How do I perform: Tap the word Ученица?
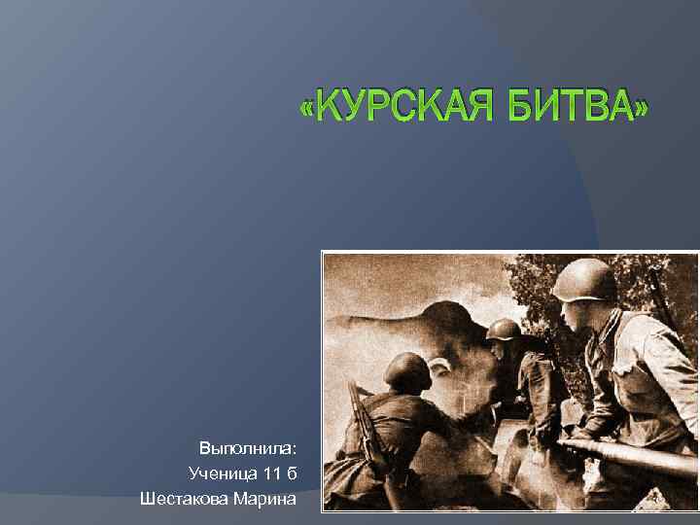223,473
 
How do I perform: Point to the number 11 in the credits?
269,473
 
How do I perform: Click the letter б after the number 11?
292,473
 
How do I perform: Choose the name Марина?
266,499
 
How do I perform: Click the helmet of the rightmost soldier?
584,279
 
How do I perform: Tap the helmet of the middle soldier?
504,329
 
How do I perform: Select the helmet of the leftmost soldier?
406,369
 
